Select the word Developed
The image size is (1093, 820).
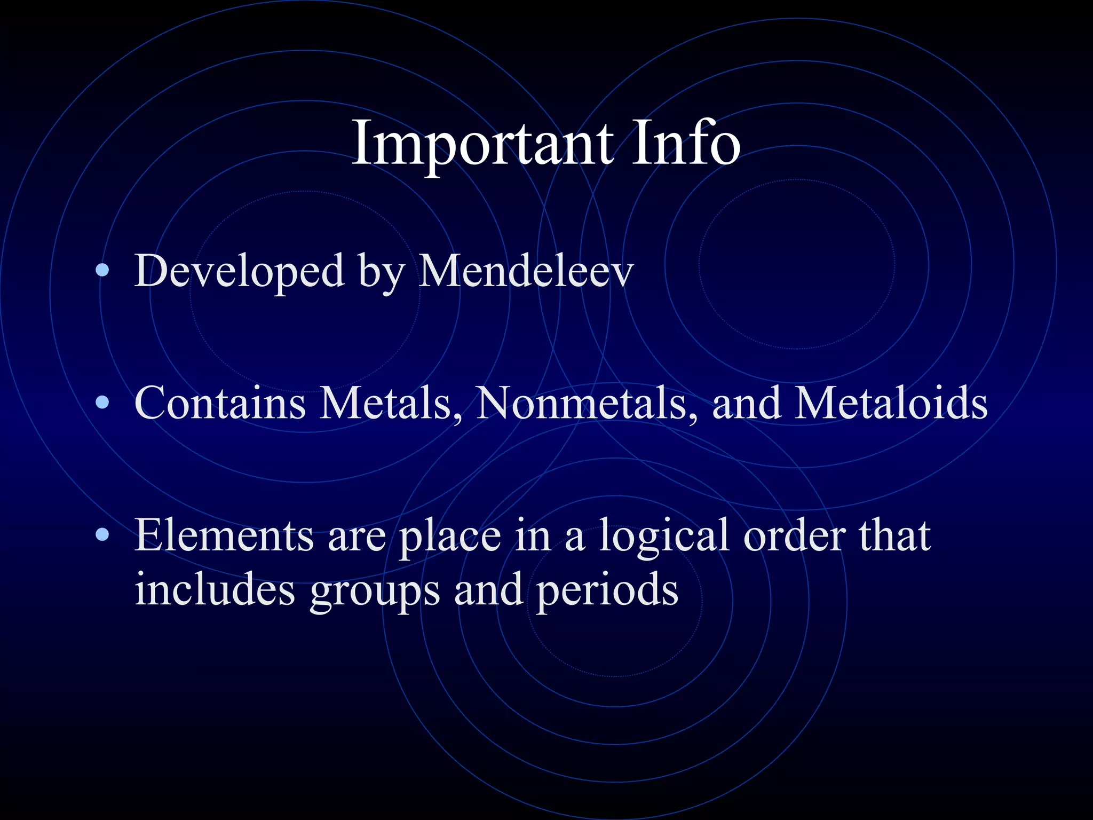coord(240,271)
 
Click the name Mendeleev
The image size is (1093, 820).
coord(525,271)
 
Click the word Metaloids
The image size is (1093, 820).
coord(891,403)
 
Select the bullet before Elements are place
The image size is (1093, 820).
coord(102,535)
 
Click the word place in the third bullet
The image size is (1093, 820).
coord(450,537)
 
